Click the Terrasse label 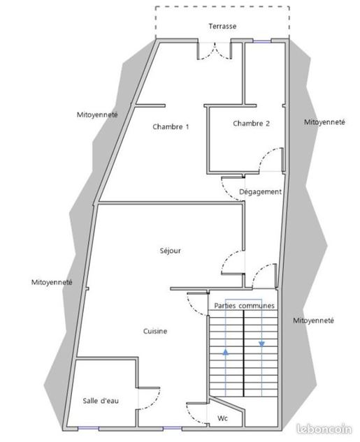pyautogui.click(x=222, y=27)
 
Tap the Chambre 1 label pyautogui.click(x=171, y=127)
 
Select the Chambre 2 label pyautogui.click(x=251, y=124)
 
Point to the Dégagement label pyautogui.click(x=260, y=192)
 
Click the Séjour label pyautogui.click(x=170, y=251)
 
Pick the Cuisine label pyautogui.click(x=155, y=331)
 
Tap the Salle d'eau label pyautogui.click(x=101, y=401)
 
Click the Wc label pyautogui.click(x=222, y=418)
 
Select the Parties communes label pyautogui.click(x=244, y=306)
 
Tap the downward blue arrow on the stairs pyautogui.click(x=262, y=344)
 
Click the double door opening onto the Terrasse pyautogui.click(x=215, y=51)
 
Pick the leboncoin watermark pyautogui.click(x=324, y=429)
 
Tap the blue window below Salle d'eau pyautogui.click(x=88, y=428)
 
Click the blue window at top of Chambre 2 pyautogui.click(x=261, y=41)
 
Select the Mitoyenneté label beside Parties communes pyautogui.click(x=313, y=321)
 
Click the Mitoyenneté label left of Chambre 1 pyautogui.click(x=97, y=115)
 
